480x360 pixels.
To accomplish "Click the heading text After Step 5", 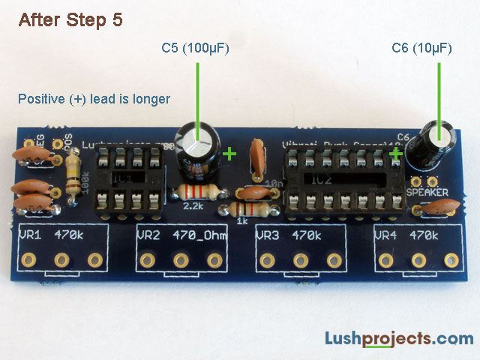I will [x=70, y=20].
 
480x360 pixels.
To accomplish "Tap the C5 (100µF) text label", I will [x=195, y=49].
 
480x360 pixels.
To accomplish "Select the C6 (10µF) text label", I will [x=421, y=49].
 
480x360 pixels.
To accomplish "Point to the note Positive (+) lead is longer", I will [x=94, y=99].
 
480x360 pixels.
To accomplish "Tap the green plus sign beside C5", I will [x=229, y=154].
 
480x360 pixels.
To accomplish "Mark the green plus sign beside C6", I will [x=395, y=154].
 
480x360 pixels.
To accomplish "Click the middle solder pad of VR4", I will [x=418, y=260].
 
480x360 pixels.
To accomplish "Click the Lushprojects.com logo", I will [x=398, y=339].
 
